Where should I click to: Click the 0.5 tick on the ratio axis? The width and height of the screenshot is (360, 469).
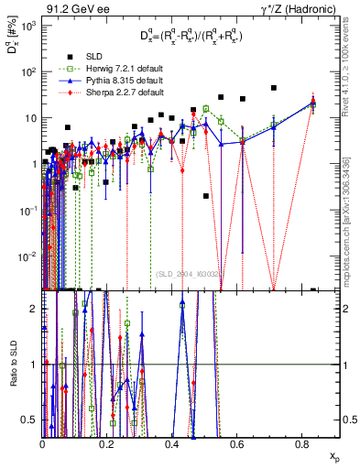[32, 420]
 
